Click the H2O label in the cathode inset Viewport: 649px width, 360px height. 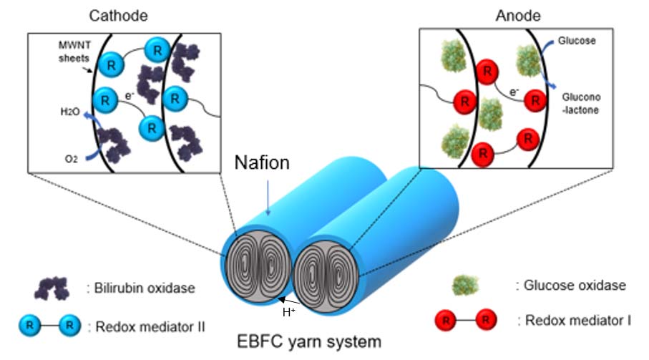pos(69,112)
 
